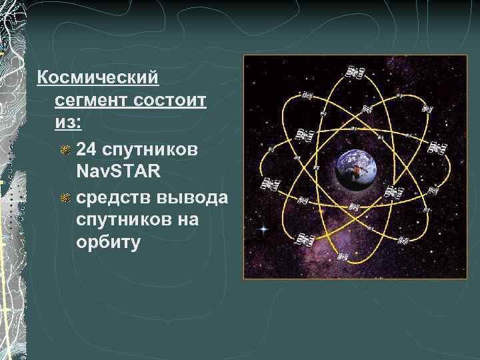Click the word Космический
(x=97, y=78)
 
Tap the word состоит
(x=171, y=101)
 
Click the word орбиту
(x=109, y=241)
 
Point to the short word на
(x=188, y=219)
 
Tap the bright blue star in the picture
(x=264, y=229)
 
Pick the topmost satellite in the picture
(x=356, y=71)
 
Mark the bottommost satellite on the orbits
(x=343, y=256)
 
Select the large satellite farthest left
(x=269, y=184)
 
